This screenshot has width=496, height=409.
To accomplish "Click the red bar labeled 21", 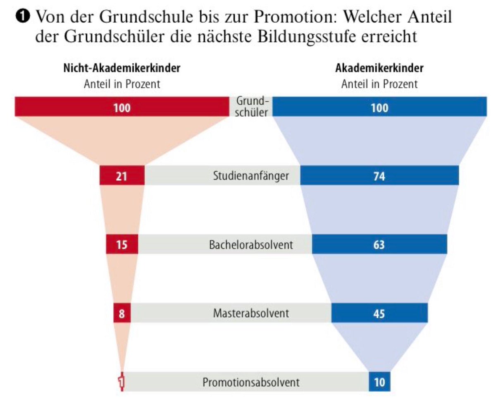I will tap(122, 175).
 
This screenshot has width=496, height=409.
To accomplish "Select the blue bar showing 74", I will tap(379, 175).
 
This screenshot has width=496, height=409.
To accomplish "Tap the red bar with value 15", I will tap(122, 244).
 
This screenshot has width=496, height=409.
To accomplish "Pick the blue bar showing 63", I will tap(379, 244).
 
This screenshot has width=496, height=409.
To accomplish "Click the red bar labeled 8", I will tap(122, 313).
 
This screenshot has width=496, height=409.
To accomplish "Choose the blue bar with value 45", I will tap(379, 313).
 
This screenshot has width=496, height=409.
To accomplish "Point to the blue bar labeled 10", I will tap(379, 382).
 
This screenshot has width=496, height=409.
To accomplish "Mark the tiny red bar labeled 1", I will tap(122, 382).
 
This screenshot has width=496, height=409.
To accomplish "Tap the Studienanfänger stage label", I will tap(251, 176).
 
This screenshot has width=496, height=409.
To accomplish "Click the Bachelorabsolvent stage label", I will tap(251, 244).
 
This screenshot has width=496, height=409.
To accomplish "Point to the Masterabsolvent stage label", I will tap(251, 313).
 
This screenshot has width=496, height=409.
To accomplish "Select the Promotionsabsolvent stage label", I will tap(251, 382).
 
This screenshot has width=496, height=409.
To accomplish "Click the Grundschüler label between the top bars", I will tap(251, 106).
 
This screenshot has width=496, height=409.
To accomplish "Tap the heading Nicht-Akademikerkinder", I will tap(122, 68).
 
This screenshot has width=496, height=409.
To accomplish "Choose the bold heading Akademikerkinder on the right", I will tap(379, 68).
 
